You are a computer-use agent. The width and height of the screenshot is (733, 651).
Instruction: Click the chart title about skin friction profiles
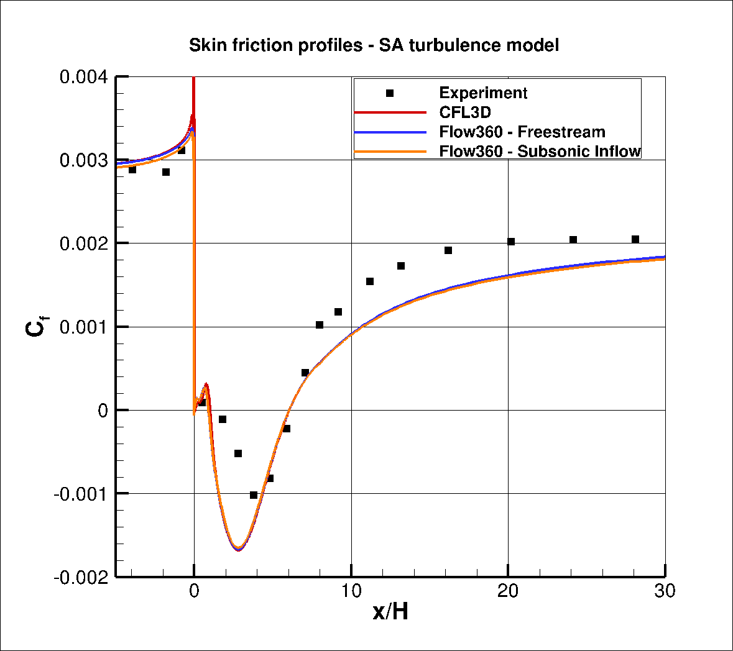pos(374,45)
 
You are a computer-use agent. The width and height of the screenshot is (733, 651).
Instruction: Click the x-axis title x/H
pos(390,612)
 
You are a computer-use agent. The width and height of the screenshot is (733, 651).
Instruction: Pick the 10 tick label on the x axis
pos(351,591)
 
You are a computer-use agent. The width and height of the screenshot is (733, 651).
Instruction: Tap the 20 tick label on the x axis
pos(509,591)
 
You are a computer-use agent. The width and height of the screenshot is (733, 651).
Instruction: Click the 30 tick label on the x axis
pos(665,591)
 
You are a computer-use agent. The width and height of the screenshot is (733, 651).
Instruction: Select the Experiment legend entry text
pos(483,93)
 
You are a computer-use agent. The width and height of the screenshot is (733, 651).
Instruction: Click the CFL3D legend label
pos(464,112)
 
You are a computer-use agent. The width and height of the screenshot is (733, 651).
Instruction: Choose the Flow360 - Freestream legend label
pos(522,132)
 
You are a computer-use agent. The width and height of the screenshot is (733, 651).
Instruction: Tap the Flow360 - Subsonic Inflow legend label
pos(540,151)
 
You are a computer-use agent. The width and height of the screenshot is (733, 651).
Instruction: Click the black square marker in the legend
pos(390,93)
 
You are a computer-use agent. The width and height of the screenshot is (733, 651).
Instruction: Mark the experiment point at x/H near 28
pos(635,239)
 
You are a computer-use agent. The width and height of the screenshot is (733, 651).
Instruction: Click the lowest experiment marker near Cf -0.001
pos(254,495)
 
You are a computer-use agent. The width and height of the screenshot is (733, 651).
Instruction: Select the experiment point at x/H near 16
pos(448,250)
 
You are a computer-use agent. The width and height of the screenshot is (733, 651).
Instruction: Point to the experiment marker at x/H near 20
pos(511,242)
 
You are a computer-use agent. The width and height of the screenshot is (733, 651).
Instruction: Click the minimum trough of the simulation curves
pos(238,549)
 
